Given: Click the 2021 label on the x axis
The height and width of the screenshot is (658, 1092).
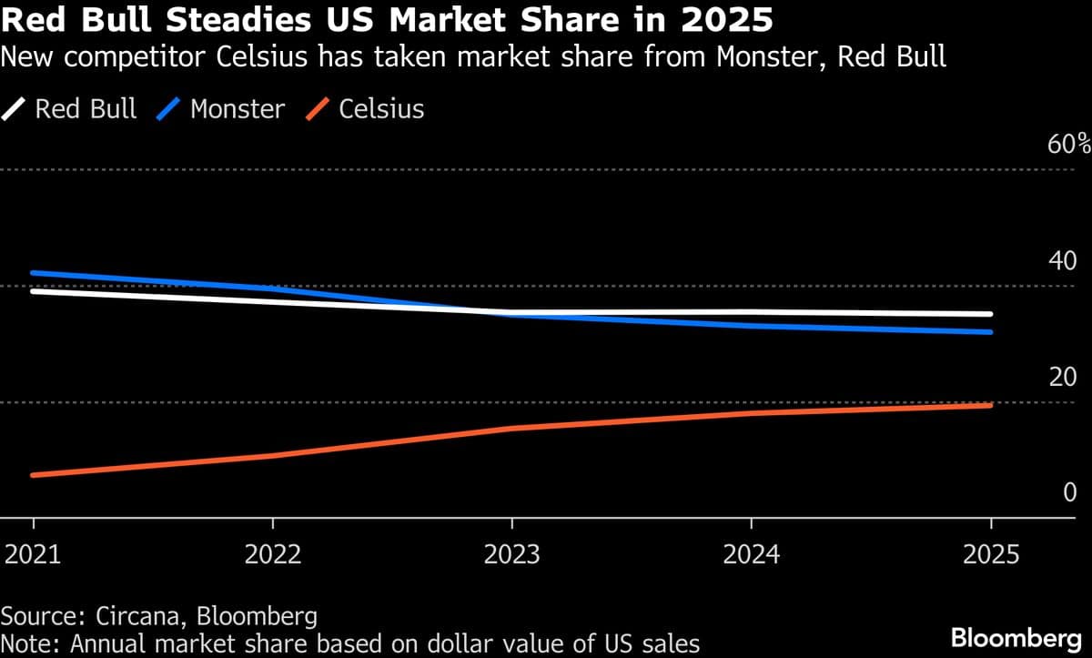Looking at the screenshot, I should (34, 554).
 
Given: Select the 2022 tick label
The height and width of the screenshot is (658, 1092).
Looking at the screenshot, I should (272, 554).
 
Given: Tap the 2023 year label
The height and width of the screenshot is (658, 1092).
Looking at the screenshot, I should (512, 554).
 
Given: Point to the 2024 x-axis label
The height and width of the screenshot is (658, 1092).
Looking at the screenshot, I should (751, 554).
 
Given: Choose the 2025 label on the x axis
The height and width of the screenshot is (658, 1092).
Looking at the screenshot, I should (990, 554).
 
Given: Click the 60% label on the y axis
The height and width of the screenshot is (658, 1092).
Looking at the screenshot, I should (1068, 144).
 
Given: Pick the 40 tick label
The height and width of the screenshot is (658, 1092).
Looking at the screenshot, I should (1063, 260).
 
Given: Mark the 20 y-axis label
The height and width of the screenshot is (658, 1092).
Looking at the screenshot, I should (1063, 376).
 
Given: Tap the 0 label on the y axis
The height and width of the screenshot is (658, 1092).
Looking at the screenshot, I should (1070, 492).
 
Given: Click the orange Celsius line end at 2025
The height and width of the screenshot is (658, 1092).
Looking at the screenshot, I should (990, 405).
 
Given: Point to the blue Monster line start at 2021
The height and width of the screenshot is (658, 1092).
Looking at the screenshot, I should (34, 273).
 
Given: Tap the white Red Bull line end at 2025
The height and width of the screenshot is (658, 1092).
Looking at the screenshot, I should (990, 314).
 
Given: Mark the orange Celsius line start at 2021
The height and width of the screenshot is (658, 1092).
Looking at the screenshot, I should (34, 475).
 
